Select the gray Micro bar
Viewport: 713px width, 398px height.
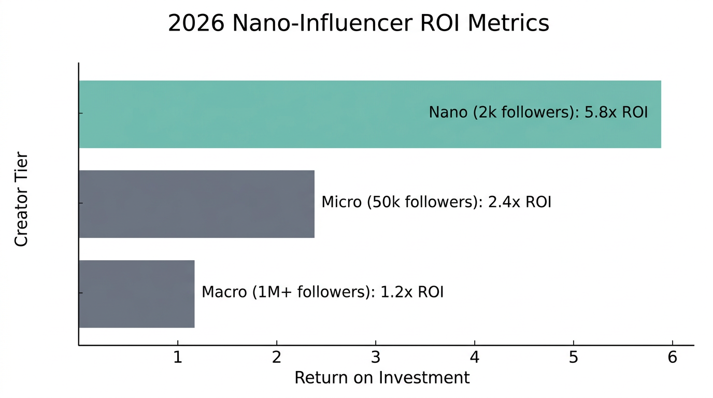point(196,204)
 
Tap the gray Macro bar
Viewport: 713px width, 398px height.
point(136,294)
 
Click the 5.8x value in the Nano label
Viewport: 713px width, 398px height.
point(598,112)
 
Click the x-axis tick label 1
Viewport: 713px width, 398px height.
point(178,358)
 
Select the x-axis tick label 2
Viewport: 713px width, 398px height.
point(277,358)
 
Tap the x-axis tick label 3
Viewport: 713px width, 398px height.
point(376,358)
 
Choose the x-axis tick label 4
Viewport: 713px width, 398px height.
point(475,358)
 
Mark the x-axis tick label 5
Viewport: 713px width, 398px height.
point(574,358)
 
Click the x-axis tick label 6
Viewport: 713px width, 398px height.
point(672,358)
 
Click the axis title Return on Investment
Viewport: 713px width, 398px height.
point(382,378)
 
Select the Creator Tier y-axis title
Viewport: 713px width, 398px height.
point(21,199)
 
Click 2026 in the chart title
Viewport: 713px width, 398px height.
point(196,24)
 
